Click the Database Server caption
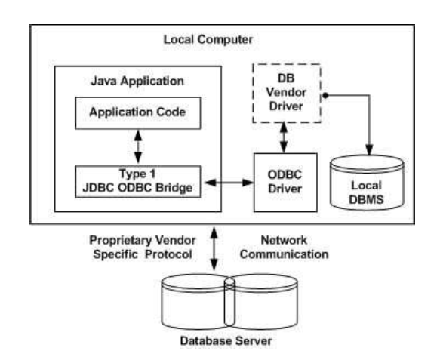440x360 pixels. (219, 337)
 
